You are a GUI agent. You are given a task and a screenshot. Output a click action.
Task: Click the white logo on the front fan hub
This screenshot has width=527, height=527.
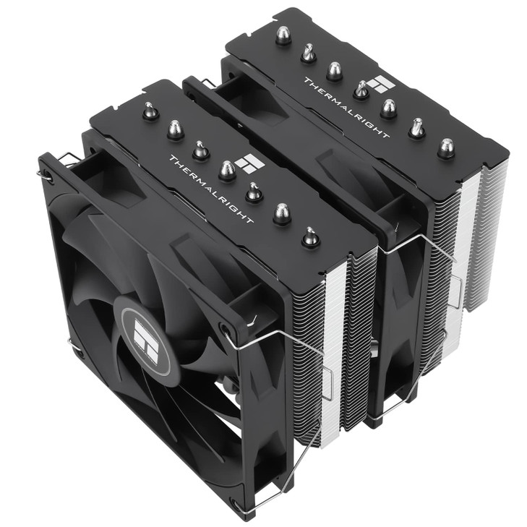pyautogui.click(x=145, y=341)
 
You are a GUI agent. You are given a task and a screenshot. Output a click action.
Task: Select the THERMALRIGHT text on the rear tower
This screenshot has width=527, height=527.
pyautogui.click(x=347, y=108)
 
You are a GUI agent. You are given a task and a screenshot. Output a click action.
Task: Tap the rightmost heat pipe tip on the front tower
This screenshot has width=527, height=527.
pyautogui.click(x=311, y=236)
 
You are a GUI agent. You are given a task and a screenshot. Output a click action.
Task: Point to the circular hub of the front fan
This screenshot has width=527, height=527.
pyautogui.click(x=145, y=341)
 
